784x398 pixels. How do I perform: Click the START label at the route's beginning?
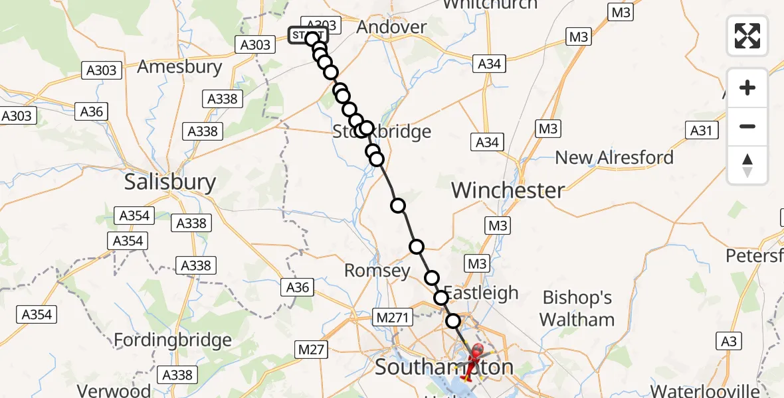coord(307,35)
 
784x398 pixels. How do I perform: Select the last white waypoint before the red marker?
coord(453,321)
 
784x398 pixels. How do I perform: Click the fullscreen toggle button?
coord(747,36)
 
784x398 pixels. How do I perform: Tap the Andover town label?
coord(391,27)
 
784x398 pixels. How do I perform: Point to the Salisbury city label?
coord(170,182)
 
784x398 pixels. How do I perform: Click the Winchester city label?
coord(508,190)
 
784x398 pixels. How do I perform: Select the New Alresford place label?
coord(614,158)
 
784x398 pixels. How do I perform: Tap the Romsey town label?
coord(377,271)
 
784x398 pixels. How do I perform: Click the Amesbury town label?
coord(179,67)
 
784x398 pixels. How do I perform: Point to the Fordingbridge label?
coord(173,341)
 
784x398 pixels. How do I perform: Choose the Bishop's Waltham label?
coord(577,308)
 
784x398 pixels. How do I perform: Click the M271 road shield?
coord(392,318)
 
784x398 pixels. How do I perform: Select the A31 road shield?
coord(703,130)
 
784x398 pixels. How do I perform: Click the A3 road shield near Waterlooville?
coord(729,342)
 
